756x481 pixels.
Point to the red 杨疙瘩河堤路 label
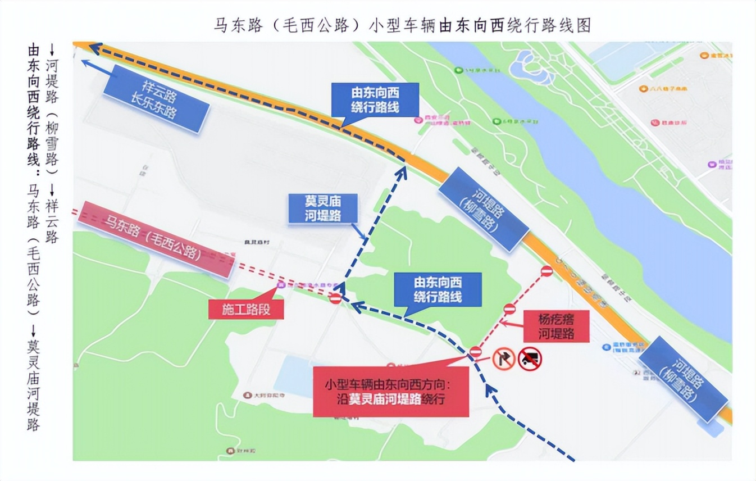click(556, 326)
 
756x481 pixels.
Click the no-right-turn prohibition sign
click(503, 358)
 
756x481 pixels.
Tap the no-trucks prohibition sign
click(530, 358)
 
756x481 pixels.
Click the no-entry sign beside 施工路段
click(335, 298)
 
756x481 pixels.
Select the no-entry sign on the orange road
click(546, 271)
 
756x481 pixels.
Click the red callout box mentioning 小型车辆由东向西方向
click(391, 392)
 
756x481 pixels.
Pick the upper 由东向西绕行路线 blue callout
click(375, 99)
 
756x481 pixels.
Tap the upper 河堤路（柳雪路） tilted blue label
click(484, 208)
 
